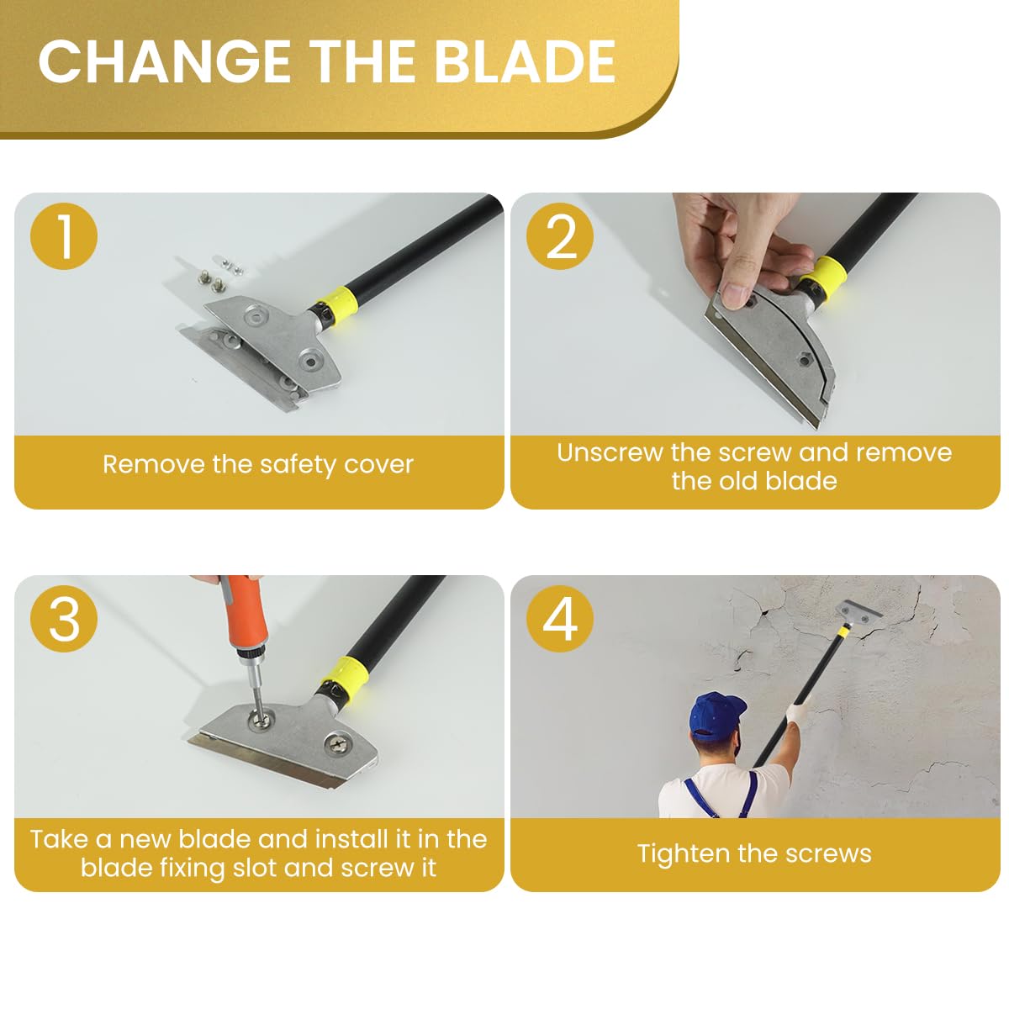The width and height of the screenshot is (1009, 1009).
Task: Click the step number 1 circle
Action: pyautogui.click(x=64, y=236)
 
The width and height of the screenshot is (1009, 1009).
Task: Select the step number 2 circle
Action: pyautogui.click(x=560, y=236)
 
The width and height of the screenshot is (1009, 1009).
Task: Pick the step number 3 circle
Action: pyautogui.click(x=64, y=620)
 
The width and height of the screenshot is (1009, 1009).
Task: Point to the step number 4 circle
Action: pyautogui.click(x=560, y=620)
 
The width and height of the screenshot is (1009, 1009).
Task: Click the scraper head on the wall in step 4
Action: pyautogui.click(x=859, y=613)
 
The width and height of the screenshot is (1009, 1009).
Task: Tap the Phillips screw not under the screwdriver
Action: pyautogui.click(x=337, y=742)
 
